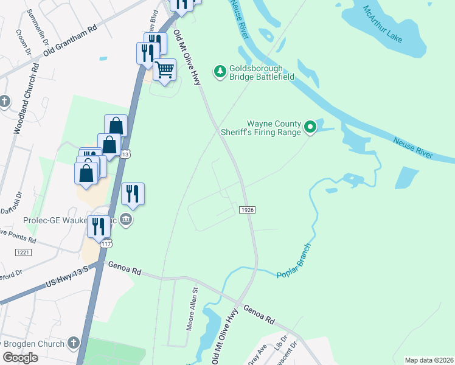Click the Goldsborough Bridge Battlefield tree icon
220,72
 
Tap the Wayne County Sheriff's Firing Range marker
310,127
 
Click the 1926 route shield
246,209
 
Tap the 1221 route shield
23,251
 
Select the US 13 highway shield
124,155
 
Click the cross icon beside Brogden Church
74,343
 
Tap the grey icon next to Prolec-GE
126,219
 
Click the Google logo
20,357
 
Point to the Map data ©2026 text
429,360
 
